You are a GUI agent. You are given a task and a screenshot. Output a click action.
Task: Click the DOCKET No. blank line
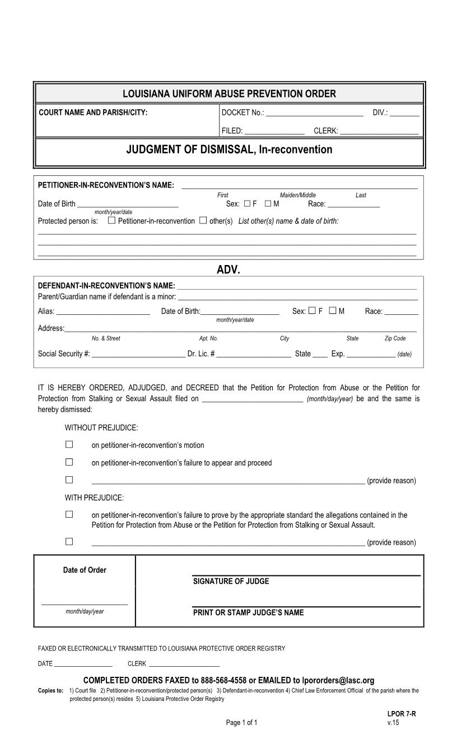click(315, 113)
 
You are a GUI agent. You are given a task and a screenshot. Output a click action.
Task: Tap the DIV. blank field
click(404, 113)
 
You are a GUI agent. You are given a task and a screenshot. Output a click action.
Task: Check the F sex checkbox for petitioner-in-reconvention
click(248, 203)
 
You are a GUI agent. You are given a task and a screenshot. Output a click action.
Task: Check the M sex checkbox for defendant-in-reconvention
click(333, 310)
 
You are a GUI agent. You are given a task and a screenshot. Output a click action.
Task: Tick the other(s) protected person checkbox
click(203, 220)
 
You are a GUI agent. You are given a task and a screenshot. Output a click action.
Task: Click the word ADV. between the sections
click(228, 269)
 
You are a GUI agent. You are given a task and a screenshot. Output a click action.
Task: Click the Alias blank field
click(103, 312)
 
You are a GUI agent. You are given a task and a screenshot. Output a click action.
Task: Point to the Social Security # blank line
click(138, 355)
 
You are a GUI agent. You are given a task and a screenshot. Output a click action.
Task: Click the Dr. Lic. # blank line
click(254, 355)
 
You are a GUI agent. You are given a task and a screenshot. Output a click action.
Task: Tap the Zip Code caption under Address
click(395, 338)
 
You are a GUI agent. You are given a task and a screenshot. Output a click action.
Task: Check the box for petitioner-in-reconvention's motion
click(69, 444)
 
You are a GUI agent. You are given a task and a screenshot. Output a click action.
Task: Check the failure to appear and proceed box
click(69, 462)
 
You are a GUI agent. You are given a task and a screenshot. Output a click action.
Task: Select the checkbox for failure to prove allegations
click(69, 514)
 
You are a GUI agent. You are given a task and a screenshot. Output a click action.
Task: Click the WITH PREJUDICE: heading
click(94, 498)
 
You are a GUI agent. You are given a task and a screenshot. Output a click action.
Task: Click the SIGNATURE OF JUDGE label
click(231, 582)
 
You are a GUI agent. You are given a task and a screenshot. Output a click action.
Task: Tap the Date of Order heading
click(85, 570)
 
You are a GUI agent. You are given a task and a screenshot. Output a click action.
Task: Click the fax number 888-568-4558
click(223, 681)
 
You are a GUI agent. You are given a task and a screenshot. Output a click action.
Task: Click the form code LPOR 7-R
click(401, 714)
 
